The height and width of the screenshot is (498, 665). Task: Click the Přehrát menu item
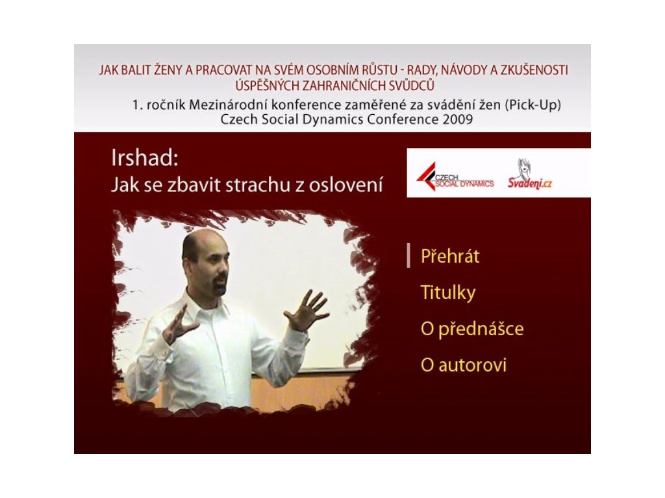click(450, 256)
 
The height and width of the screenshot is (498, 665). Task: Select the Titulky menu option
click(448, 293)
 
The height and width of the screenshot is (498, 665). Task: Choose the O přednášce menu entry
click(472, 329)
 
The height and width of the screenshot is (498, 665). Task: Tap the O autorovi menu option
click(464, 365)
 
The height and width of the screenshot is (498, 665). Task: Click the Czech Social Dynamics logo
click(455, 177)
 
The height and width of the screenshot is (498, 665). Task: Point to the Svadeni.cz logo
click(530, 174)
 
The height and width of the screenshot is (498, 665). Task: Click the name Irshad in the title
click(144, 158)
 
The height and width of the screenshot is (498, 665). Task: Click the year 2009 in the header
click(457, 119)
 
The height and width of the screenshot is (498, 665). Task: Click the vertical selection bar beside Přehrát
click(408, 255)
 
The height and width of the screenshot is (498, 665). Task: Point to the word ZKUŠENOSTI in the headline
click(534, 70)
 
